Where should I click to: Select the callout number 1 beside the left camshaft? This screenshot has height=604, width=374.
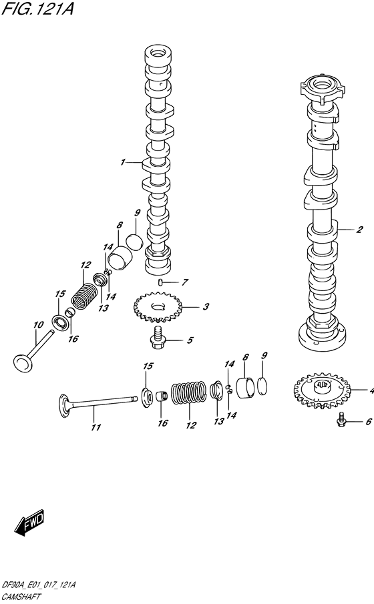[123, 162]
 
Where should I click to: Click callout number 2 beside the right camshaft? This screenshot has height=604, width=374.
[359, 230]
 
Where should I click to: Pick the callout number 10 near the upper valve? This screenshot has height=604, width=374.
[38, 325]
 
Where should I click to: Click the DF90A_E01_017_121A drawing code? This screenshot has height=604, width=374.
[39, 585]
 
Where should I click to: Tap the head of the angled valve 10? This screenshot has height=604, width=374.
[23, 362]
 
